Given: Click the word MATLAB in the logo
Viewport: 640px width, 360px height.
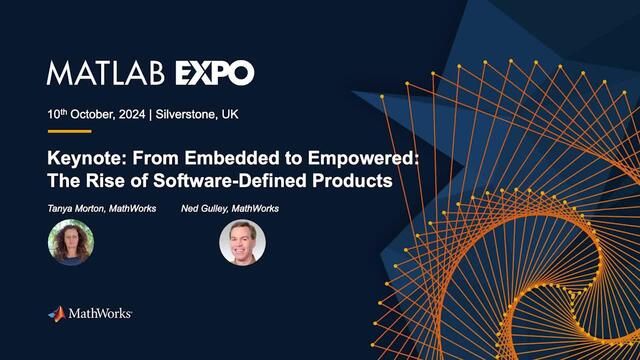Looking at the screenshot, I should tap(108, 73).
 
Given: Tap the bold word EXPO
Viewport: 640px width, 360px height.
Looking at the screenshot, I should tap(215, 73).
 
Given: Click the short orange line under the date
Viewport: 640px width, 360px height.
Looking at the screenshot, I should tap(69, 131).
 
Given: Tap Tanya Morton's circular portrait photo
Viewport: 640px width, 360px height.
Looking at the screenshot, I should tap(71, 242).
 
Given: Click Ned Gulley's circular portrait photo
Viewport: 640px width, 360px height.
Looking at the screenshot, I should tap(241, 242).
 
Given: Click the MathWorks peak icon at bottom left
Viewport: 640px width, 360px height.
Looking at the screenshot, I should tap(56, 314).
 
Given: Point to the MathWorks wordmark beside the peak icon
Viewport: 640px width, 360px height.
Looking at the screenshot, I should tap(100, 315).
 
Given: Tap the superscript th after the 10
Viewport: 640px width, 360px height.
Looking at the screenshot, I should tap(65, 110).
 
